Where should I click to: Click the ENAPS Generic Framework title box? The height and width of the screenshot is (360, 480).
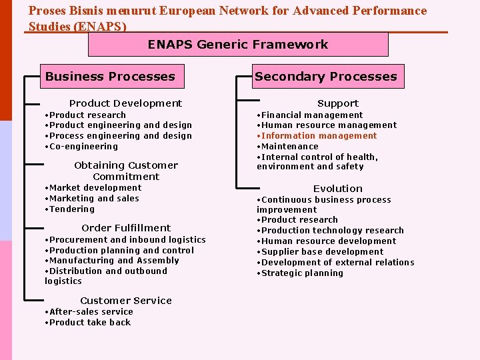(238, 45)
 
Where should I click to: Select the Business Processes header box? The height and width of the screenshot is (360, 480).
(110, 77)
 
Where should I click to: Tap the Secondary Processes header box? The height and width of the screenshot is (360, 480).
(325, 77)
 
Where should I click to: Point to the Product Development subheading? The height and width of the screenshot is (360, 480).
(125, 103)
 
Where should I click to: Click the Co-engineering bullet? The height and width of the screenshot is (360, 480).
(83, 147)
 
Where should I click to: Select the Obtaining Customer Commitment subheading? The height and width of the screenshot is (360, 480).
(126, 171)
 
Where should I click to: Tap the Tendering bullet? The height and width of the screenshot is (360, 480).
(71, 209)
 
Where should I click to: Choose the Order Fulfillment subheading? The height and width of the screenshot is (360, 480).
(126, 228)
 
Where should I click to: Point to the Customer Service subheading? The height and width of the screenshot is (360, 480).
(126, 301)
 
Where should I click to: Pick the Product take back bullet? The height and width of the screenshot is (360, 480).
(89, 323)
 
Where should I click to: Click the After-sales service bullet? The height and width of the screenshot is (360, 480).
(91, 312)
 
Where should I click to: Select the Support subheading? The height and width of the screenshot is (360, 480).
(338, 103)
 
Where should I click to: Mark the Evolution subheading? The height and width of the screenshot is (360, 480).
(338, 189)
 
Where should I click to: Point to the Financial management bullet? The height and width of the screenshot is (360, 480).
(312, 115)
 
